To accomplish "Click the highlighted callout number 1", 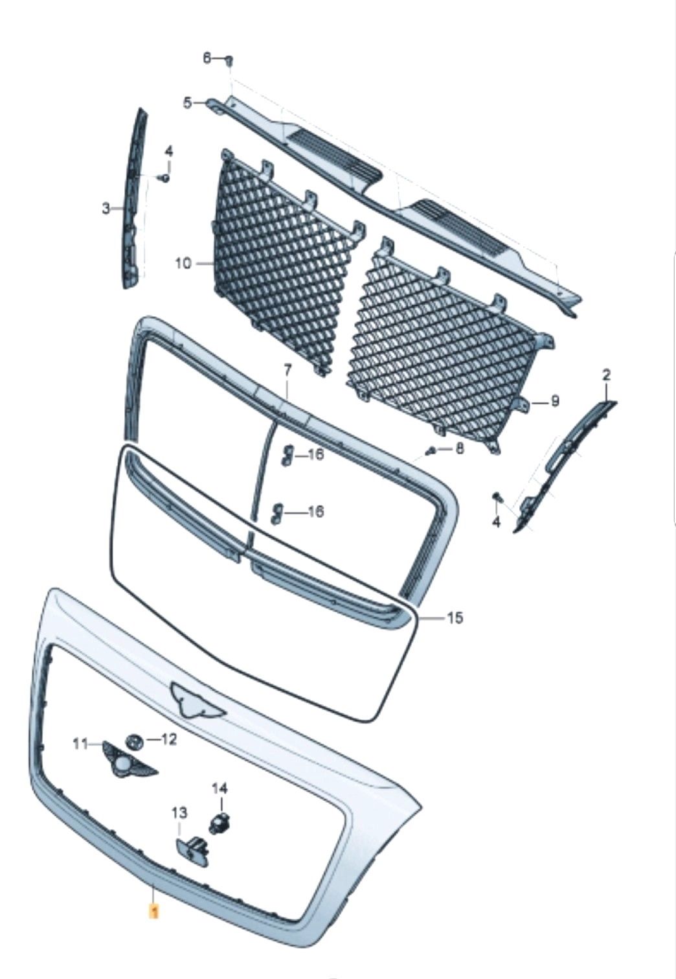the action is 153,910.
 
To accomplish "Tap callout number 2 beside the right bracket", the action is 607,375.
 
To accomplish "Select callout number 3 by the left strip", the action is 106,209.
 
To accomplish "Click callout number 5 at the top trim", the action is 187,104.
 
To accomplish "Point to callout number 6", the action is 207,57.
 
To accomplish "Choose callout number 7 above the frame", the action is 287,371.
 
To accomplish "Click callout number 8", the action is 459,449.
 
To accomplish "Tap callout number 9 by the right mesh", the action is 555,401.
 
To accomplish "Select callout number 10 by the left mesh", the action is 183,264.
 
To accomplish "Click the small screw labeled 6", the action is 230,61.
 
